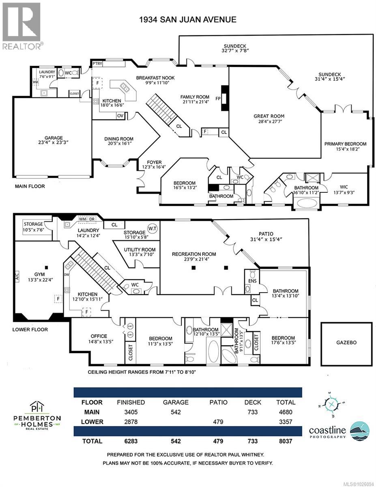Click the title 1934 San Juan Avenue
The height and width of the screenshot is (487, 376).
(x=187, y=19)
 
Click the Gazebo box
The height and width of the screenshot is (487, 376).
(x=346, y=343)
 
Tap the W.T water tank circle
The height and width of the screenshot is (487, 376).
(x=153, y=227)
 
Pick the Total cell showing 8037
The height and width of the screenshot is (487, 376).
(x=286, y=441)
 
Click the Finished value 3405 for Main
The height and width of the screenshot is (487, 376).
(x=131, y=412)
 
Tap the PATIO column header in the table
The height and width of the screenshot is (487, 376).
(x=218, y=403)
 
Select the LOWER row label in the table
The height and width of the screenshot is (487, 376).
(x=92, y=422)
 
